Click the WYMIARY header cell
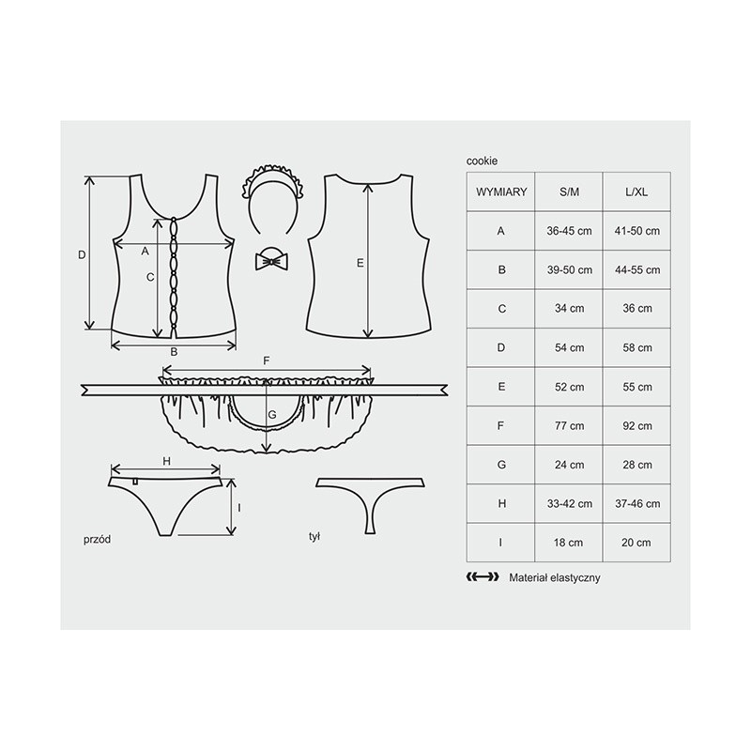(x=501, y=192)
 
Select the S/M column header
(x=569, y=192)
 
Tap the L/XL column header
(x=636, y=192)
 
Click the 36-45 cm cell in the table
(x=569, y=231)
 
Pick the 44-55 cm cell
(x=637, y=269)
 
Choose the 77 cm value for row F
(x=569, y=425)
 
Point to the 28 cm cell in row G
(x=637, y=465)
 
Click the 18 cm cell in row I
(x=569, y=543)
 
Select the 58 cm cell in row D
(x=637, y=347)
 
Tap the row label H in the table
(x=501, y=503)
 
